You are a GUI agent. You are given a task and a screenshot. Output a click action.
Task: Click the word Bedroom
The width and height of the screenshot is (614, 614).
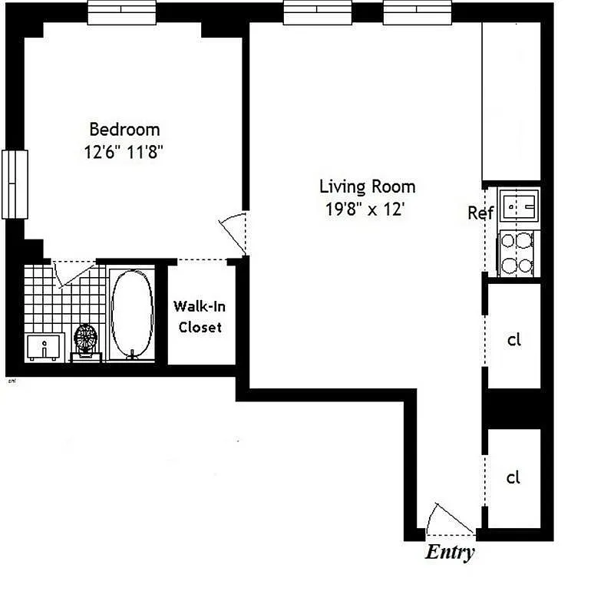click(124, 129)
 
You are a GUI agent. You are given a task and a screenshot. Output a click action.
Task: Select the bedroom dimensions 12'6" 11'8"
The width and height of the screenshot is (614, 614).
click(124, 151)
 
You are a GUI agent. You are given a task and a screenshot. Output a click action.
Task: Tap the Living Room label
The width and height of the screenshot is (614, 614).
click(367, 187)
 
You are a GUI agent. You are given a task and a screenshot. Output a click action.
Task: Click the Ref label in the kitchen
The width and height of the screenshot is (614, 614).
click(480, 213)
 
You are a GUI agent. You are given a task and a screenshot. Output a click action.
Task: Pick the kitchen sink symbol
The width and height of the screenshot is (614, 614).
click(520, 206)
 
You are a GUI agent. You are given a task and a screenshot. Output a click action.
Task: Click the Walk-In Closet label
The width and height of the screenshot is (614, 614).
click(200, 316)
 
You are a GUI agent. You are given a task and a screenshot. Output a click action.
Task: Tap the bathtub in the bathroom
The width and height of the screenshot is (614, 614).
click(132, 313)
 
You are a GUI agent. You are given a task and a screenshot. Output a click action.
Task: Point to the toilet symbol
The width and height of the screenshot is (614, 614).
click(85, 340)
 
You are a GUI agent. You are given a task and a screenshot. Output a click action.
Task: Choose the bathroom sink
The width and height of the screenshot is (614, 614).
click(44, 347)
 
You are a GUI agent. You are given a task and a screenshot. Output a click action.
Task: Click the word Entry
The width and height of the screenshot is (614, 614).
click(450, 553)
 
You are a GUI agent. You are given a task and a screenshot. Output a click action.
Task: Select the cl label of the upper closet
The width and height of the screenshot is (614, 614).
click(513, 339)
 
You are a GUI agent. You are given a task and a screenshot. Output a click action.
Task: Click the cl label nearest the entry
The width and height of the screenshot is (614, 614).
click(513, 477)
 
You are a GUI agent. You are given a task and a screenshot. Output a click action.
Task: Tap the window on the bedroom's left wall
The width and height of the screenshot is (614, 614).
click(15, 183)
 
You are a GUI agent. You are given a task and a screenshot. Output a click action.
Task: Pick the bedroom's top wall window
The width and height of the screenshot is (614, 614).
click(122, 12)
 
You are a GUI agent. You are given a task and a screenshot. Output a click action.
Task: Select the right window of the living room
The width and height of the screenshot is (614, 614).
click(417, 12)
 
